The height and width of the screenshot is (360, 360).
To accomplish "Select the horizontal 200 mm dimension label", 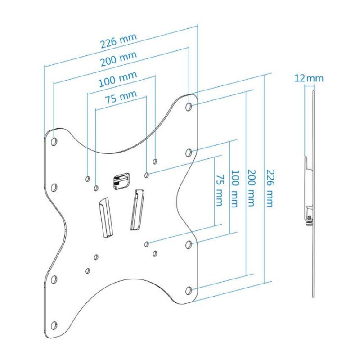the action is (x=119, y=58).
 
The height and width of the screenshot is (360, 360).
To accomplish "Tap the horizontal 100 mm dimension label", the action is (x=118, y=79).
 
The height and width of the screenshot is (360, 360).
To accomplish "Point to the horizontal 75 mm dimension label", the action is (x=121, y=97).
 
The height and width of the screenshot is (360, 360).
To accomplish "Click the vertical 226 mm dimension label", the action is (x=270, y=188).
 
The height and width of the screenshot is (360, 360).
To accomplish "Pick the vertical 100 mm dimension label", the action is (x=234, y=189).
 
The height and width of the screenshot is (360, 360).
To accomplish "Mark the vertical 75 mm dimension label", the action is (x=219, y=190).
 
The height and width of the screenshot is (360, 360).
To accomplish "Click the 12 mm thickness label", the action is (x=309, y=78).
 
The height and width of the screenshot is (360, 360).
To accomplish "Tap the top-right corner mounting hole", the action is (x=189, y=107).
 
